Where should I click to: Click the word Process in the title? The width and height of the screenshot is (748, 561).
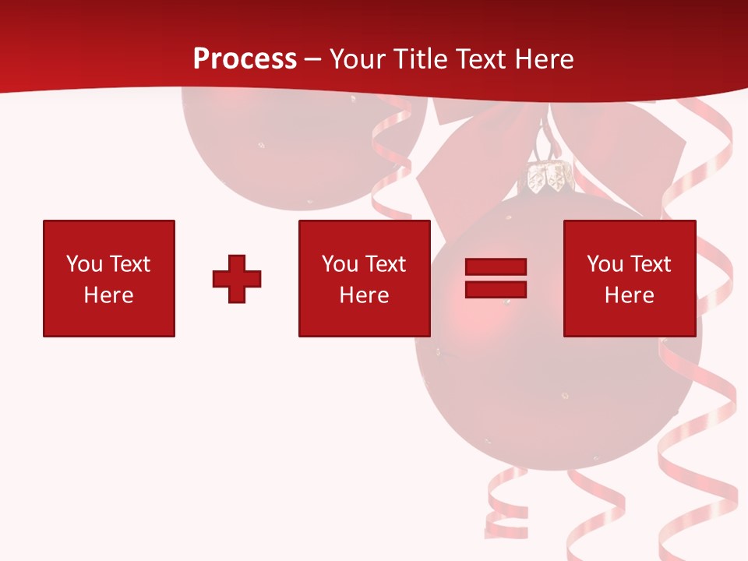click(245, 59)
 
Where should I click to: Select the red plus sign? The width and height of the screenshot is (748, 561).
click(237, 279)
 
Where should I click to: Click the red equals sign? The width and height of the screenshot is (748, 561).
click(496, 278)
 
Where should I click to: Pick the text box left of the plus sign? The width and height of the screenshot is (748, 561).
click(109, 278)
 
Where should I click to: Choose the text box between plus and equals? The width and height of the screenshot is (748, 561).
click(364, 278)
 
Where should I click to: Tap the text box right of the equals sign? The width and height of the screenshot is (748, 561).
click(629, 278)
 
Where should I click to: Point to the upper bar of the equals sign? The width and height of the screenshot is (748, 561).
click(496, 267)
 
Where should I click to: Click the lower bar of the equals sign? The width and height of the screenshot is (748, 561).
click(496, 289)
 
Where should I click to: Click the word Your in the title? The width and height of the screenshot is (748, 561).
click(358, 59)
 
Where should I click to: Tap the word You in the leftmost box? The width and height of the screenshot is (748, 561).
click(85, 264)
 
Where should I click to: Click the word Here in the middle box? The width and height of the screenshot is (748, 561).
click(364, 295)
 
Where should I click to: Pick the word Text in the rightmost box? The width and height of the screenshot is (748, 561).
click(650, 264)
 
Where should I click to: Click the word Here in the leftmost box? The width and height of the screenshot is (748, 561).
click(109, 295)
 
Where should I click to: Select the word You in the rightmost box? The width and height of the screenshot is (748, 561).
click(605, 264)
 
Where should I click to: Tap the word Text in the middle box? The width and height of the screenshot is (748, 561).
click(385, 264)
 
